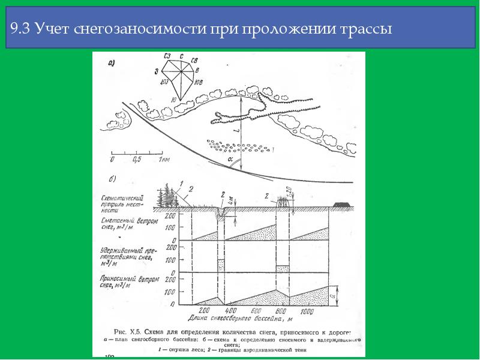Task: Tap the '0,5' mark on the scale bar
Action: [x=136, y=160]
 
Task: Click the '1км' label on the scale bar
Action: [x=163, y=160]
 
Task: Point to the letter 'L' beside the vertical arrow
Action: [x=236, y=130]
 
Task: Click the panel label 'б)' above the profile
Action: [x=112, y=179]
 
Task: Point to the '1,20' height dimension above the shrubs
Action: [x=289, y=192]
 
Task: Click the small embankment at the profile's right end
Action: [x=344, y=205]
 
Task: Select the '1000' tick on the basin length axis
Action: [x=307, y=311]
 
